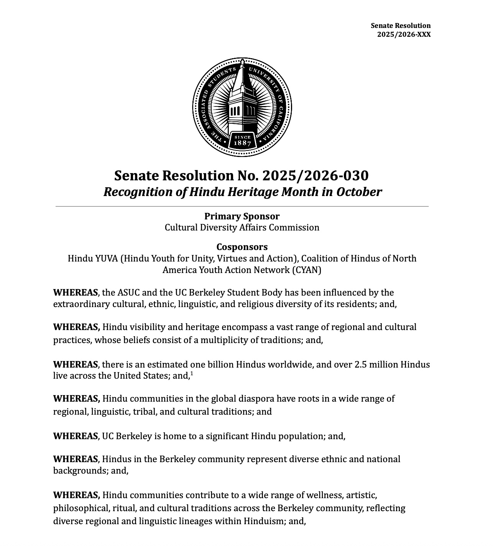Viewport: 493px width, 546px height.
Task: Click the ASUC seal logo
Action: [x=242, y=107]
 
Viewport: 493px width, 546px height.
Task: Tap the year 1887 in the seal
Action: [x=242, y=143]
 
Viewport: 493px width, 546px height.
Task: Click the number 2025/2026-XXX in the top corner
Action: [x=404, y=34]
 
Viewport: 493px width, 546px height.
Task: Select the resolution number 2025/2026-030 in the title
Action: [x=316, y=175]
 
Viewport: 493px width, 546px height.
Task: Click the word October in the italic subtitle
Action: [x=359, y=192]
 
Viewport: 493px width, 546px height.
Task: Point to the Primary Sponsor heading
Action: [x=242, y=216]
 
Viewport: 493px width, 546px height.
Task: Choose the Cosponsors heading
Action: [x=242, y=247]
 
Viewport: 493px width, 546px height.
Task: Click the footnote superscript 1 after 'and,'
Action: [x=192, y=374]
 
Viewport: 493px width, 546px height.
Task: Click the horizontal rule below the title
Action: [x=242, y=206]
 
